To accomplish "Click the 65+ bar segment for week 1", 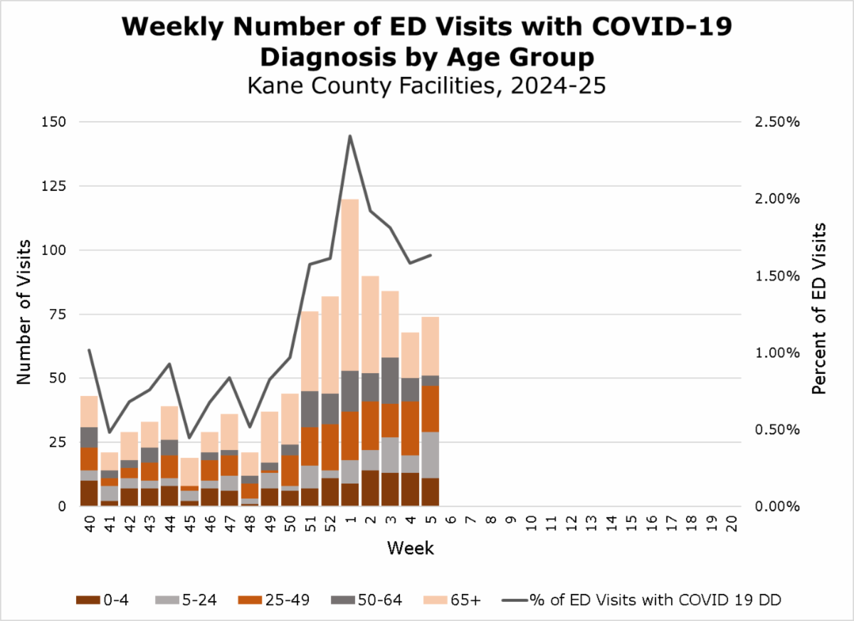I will (349, 285).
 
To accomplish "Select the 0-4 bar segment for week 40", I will (89, 493).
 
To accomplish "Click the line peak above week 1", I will (349, 135).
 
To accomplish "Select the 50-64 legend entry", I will (364, 600).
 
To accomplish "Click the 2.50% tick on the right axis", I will (778, 122).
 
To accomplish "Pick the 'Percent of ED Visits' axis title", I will (820, 308).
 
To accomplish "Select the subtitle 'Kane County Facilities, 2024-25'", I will (426, 85).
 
